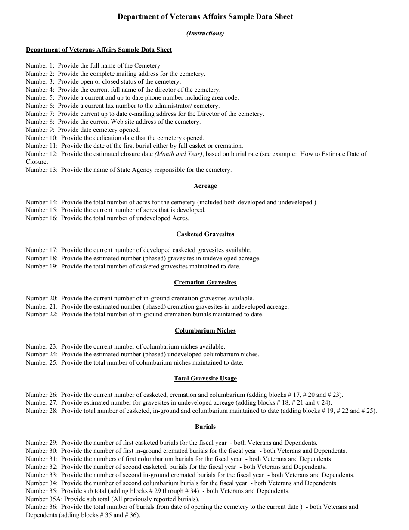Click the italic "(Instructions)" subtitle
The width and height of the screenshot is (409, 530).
click(205, 33)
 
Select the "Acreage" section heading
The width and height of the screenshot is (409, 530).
click(205, 186)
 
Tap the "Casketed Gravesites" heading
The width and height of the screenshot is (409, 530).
click(205, 234)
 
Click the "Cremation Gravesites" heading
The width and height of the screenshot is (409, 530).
click(205, 283)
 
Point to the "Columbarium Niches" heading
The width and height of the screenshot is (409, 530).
click(205, 331)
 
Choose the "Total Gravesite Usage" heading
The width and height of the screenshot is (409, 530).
click(205, 379)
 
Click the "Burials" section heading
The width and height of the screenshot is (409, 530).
click(205, 427)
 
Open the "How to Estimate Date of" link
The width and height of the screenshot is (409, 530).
click(333, 154)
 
